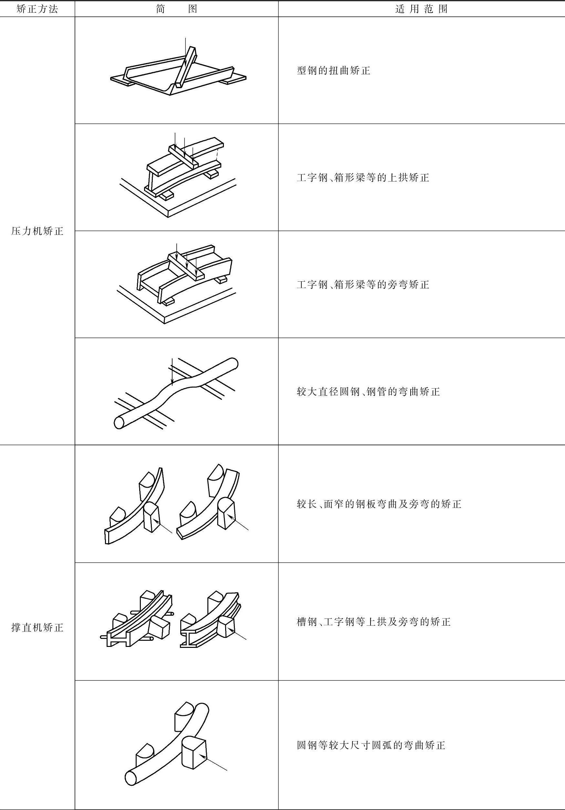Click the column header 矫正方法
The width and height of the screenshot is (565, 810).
37,9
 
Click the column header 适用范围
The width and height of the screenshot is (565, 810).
421,9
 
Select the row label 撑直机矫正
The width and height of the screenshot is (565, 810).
37,628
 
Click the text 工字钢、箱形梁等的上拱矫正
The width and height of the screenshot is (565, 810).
363,177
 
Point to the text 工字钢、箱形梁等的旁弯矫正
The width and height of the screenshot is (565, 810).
363,285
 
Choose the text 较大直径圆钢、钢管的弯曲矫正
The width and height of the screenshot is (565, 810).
368,391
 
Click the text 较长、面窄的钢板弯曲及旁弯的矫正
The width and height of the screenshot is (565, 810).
379,504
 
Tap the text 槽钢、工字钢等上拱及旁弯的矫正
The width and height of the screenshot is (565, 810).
373,622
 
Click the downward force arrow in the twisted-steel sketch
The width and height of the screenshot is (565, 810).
185,53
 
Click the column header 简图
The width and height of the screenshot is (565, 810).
176,9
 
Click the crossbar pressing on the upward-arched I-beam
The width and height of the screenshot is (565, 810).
183,156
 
